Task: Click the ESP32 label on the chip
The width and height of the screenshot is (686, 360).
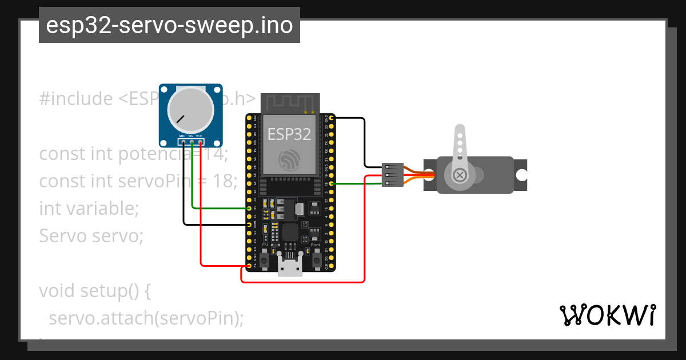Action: coord(289,134)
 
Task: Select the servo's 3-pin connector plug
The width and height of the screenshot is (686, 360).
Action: coord(393,175)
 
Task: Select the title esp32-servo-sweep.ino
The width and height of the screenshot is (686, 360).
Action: coord(169,26)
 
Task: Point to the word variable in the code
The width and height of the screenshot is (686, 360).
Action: coord(103,208)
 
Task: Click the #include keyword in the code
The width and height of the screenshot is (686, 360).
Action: coord(76,99)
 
